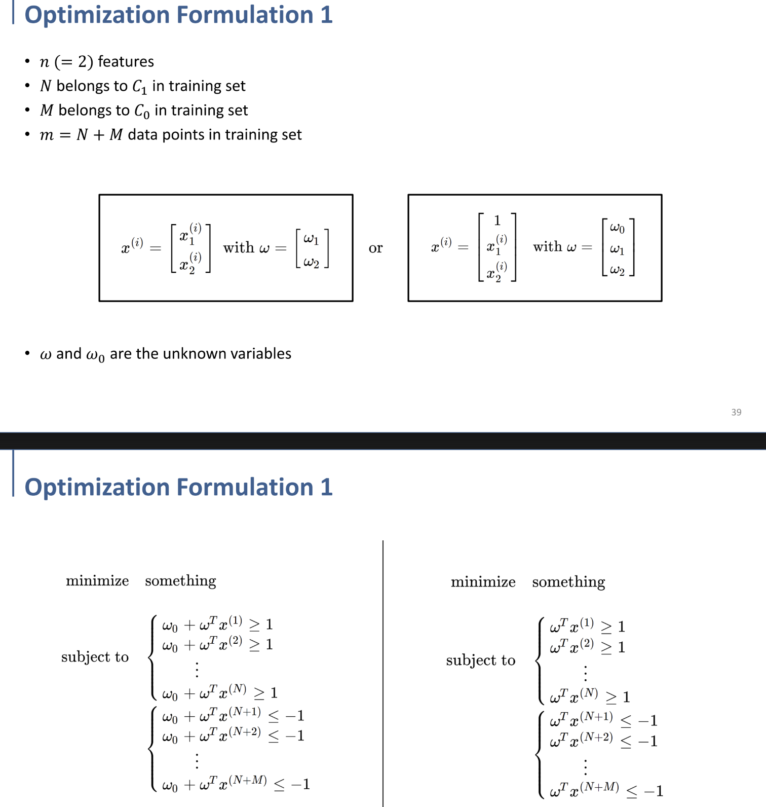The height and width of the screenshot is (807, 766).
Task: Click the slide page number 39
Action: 736,412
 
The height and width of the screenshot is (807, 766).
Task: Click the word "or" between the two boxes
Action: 375,248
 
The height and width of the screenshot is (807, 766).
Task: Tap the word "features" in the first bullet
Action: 126,62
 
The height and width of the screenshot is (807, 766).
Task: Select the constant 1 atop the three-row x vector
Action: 497,221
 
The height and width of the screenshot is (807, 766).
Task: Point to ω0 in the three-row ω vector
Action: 617,228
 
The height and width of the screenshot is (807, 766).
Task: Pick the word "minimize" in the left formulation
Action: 97,581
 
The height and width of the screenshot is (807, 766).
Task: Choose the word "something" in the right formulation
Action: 568,582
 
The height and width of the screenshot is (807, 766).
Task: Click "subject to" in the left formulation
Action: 95,657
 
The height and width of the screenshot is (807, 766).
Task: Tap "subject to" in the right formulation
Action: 480,660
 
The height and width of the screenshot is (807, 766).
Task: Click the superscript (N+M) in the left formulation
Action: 248,780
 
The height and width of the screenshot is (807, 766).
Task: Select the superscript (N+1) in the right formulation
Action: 596,716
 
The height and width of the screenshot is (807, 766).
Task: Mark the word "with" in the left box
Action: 239,248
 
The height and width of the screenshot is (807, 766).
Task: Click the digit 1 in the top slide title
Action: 326,15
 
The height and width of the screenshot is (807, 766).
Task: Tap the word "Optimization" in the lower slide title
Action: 93,487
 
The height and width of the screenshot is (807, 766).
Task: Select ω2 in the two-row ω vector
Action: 312,262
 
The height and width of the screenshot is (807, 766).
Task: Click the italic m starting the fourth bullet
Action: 47,135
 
